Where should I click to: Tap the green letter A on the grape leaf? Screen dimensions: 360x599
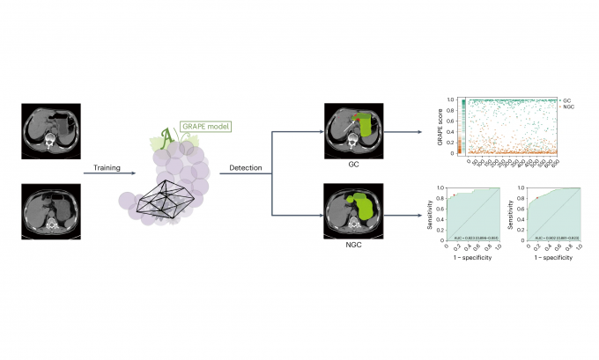[x=164, y=136]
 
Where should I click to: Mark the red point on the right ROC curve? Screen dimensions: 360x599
[x=534, y=198]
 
